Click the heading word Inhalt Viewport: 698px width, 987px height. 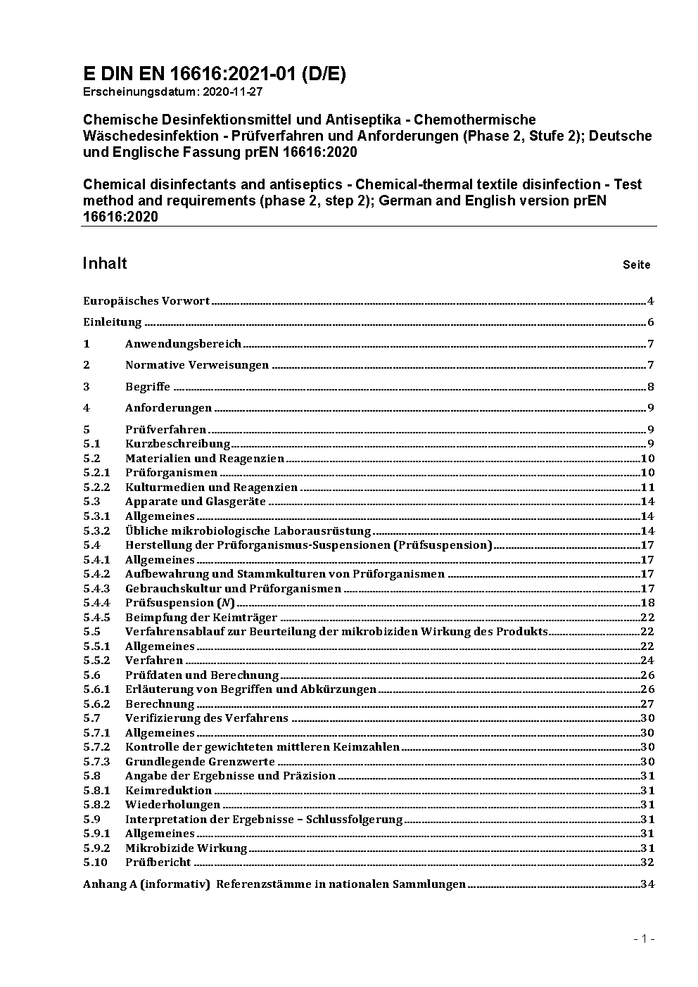pos(105,263)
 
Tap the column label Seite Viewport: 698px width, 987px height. pos(636,265)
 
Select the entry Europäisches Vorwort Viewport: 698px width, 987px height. pos(146,301)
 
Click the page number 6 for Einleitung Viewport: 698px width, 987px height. pos(651,323)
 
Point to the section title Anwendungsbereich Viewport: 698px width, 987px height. pos(183,344)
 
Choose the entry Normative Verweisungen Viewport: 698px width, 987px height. pos(197,365)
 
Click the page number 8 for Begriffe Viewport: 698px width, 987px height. pos(651,387)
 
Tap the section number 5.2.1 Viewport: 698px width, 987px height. pos(96,473)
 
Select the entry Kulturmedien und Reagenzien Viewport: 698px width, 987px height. pos(211,488)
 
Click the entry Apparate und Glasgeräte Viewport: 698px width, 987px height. pos(196,502)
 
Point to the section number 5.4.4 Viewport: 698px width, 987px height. pos(96,603)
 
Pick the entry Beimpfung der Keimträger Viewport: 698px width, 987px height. pos(201,618)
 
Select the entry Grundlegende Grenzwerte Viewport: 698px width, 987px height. pos(200,762)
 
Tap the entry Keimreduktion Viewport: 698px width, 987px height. pos(169,791)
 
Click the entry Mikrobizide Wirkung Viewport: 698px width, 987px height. pos(186,848)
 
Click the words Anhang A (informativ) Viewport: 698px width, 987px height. pos(146,884)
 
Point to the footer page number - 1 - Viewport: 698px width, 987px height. pos(644,938)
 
